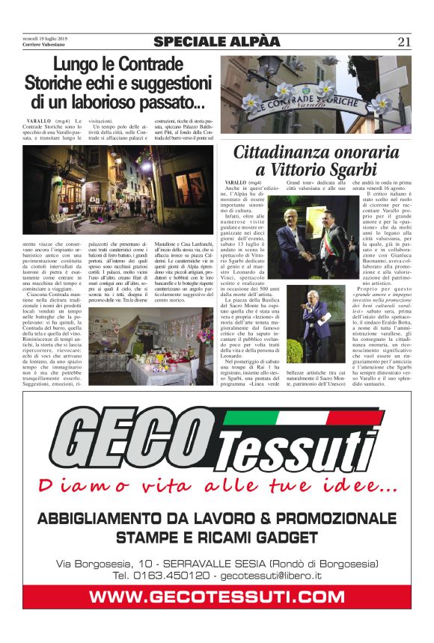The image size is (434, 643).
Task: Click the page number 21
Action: click(x=405, y=41)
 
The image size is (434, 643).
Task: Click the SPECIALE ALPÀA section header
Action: click(x=216, y=41)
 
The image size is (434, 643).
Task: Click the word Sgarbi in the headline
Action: click(x=351, y=169)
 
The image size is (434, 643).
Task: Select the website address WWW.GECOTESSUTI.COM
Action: click(x=216, y=596)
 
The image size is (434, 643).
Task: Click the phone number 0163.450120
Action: click(x=172, y=575)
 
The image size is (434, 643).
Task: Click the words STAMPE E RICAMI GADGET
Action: click(x=217, y=537)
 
